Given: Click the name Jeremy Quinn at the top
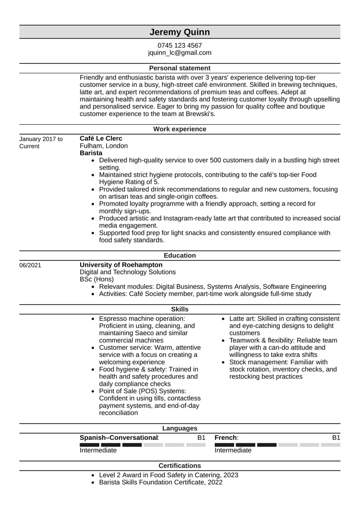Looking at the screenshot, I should [180, 32].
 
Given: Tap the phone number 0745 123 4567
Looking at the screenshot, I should [180, 46].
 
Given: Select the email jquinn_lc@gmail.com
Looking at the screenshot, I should [180, 53].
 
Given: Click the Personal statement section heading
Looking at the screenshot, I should [180, 68].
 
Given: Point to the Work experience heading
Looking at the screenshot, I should [180, 129].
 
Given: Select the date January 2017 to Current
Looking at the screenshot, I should [41, 142].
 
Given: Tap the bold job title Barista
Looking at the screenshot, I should [91, 153].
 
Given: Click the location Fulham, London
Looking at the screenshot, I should [104, 145].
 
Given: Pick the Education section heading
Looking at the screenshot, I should [180, 256].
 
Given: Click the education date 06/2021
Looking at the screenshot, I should [30, 265].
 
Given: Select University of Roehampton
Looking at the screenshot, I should [120, 265].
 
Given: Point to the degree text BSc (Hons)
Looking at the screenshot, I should [96, 279].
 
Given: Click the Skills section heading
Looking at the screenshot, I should [180, 309].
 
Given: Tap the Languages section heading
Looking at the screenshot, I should [180, 428].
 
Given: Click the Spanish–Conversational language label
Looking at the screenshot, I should [119, 438].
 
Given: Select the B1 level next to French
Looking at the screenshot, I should [336, 438].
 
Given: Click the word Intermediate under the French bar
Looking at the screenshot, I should [232, 450].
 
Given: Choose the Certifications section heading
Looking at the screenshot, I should [180, 465].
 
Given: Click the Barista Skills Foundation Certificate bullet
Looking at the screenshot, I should [160, 482].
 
